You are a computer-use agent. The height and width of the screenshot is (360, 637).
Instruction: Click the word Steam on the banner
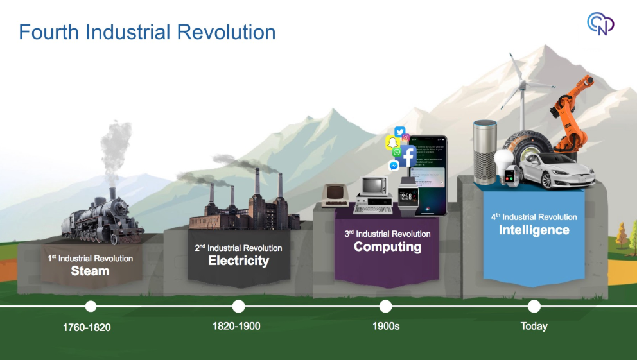90,271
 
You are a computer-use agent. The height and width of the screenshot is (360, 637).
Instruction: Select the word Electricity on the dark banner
238,261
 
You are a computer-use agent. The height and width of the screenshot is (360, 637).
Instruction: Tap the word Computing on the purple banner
387,246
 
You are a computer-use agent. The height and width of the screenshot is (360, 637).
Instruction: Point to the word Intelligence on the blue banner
534,230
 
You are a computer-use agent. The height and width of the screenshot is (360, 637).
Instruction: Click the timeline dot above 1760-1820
91,307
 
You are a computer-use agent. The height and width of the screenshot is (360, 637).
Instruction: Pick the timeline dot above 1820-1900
238,307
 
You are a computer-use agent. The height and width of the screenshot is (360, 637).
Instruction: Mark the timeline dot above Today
534,307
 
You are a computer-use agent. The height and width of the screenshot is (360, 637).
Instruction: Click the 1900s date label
386,326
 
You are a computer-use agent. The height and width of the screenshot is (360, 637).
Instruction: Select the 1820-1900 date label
236,326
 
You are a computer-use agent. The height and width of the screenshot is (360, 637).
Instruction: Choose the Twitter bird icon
399,132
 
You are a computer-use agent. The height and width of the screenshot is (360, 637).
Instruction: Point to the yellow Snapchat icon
392,142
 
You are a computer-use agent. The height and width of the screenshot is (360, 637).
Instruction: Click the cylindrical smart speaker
485,151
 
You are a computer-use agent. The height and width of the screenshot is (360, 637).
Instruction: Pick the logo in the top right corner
600,24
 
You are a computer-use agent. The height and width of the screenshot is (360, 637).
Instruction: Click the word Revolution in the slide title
226,32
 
